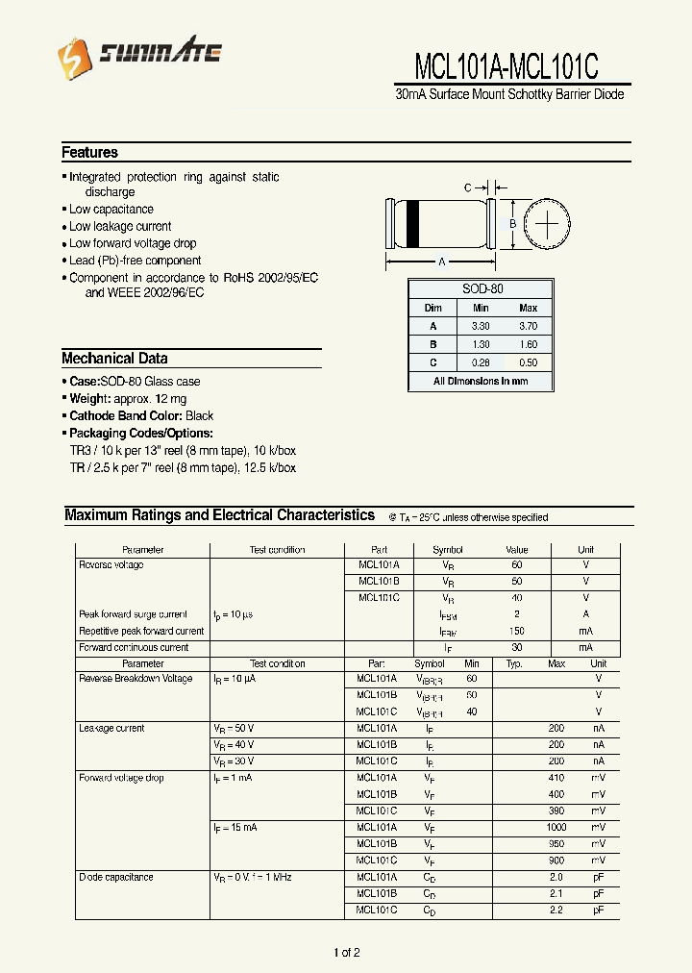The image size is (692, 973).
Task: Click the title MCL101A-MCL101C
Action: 507,66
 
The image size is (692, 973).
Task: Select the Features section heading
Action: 89,152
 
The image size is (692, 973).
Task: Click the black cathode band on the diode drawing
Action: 413,224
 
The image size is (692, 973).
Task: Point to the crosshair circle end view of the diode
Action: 547,224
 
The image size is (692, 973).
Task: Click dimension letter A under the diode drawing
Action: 441,262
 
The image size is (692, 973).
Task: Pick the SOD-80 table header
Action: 482,288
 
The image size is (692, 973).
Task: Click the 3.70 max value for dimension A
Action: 528,326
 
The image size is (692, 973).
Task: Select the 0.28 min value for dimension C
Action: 481,362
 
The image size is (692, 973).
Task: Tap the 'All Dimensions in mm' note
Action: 481,381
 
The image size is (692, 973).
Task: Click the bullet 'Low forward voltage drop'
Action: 132,243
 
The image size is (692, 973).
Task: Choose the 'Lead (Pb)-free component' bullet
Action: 135,261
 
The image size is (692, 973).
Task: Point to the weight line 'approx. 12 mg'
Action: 128,398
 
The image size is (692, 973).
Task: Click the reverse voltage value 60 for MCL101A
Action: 517,565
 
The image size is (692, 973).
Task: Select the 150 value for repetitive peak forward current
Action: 517,631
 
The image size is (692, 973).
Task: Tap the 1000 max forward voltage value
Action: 556,827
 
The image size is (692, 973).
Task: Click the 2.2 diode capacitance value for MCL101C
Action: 556,910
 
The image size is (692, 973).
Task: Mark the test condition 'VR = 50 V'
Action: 234,728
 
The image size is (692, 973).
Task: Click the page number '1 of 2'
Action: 346,953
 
